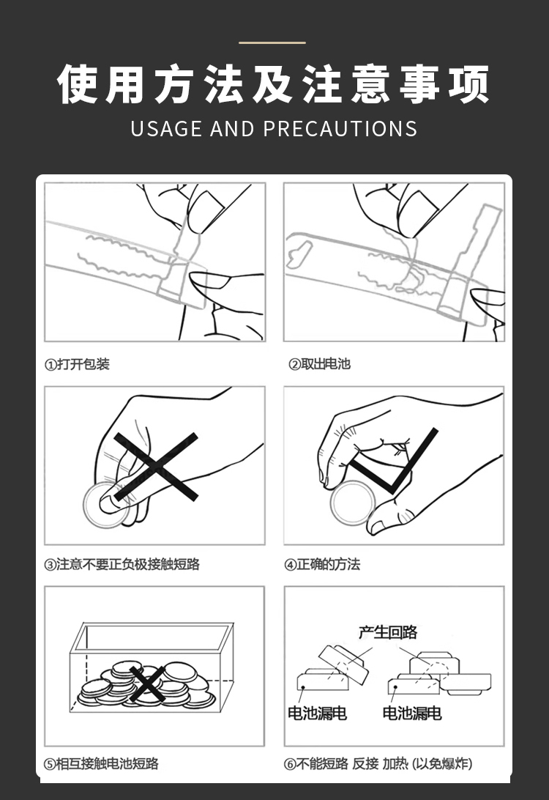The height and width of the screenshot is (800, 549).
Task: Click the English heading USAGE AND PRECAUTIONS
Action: point(274,129)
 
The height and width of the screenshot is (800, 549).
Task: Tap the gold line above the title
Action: point(272,42)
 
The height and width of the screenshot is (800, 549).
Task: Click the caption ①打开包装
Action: point(77,364)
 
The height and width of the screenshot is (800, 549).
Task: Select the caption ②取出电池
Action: point(319,364)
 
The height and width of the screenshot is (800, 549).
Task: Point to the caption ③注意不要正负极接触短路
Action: point(122,564)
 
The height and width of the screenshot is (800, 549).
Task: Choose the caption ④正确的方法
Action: point(322,564)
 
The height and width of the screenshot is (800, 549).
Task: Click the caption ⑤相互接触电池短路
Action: point(102,764)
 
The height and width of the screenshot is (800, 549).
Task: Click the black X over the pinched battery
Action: point(156,467)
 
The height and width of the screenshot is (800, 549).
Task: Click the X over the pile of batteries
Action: point(147,684)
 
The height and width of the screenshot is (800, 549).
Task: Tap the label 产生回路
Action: point(388,632)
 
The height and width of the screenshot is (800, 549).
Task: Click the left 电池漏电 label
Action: point(317,713)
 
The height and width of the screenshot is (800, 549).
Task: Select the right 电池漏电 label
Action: point(412,713)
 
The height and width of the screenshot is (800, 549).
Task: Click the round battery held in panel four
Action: point(353,503)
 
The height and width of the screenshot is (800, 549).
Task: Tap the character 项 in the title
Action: point(469,85)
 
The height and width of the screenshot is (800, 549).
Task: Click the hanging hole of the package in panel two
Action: point(299,253)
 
